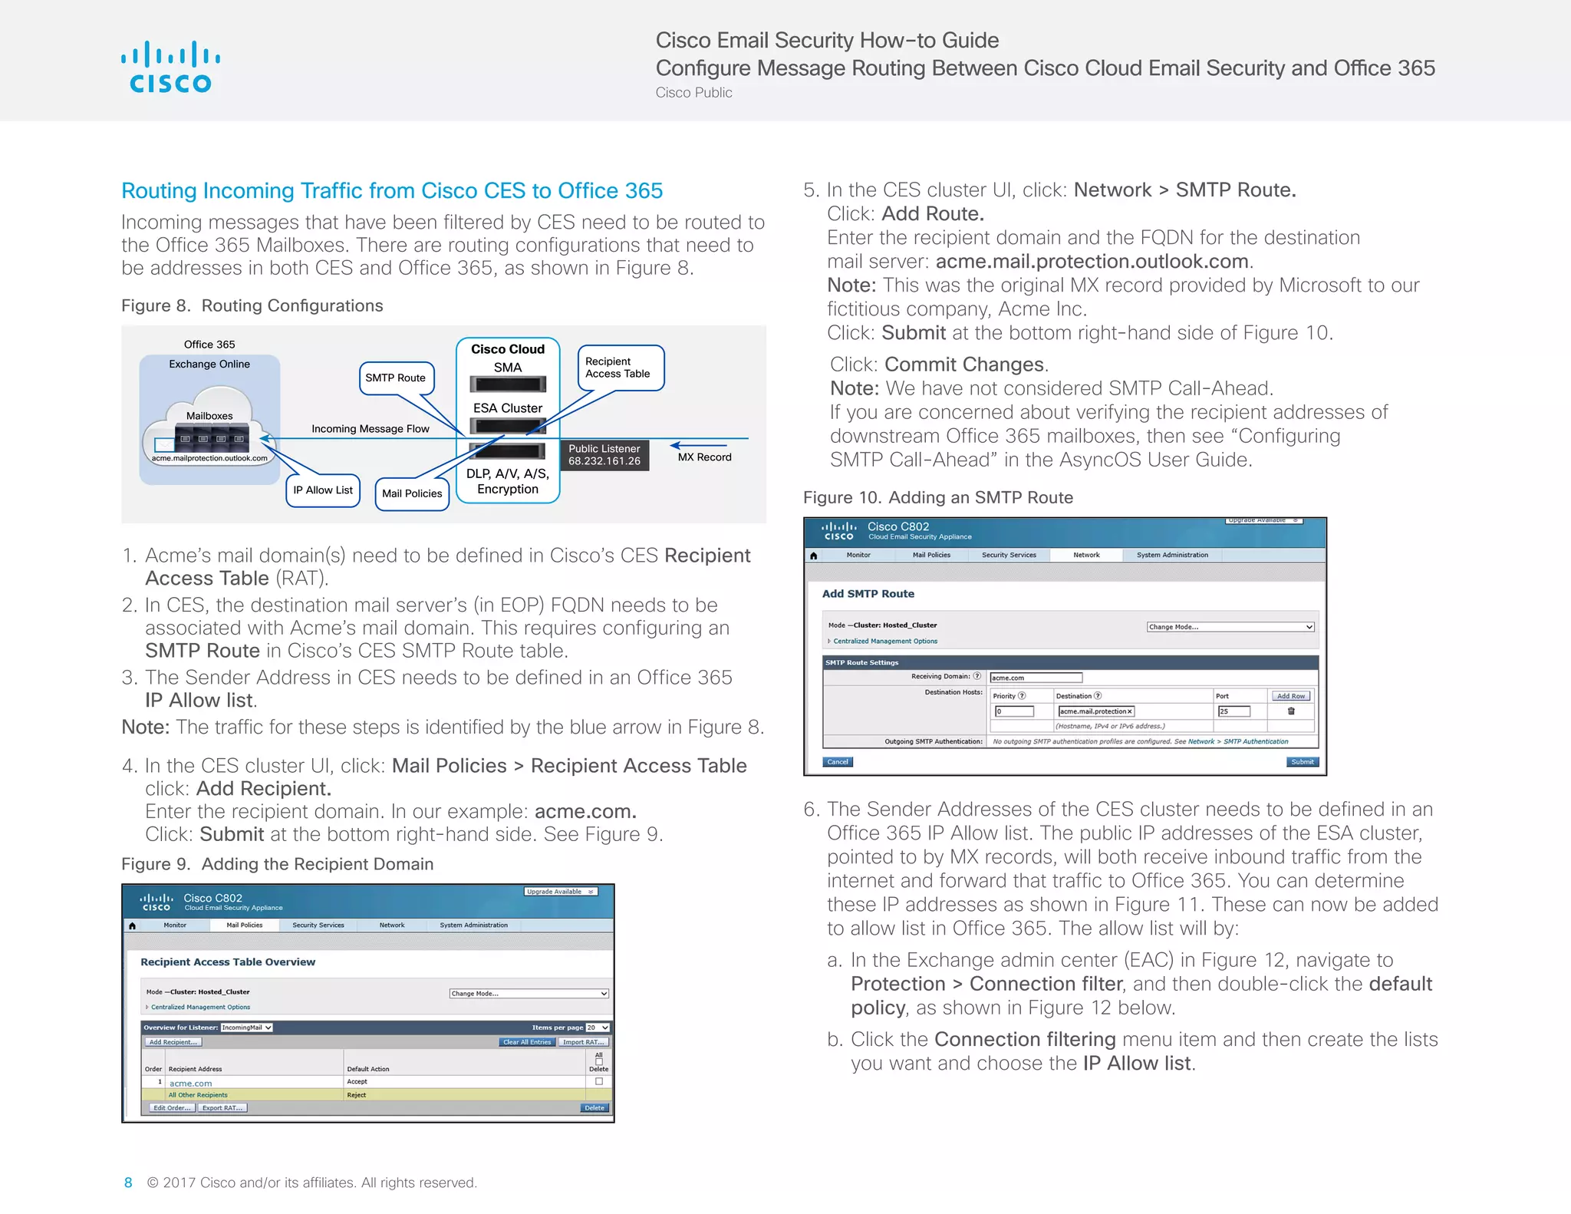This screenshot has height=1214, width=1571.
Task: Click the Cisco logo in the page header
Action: [x=170, y=68]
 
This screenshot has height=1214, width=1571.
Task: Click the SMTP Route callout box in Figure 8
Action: [x=396, y=378]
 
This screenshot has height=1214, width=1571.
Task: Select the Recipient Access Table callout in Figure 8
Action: [x=618, y=368]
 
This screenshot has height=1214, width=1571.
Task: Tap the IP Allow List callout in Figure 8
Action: [x=323, y=490]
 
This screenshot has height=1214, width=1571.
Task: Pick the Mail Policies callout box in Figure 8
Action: [x=412, y=493]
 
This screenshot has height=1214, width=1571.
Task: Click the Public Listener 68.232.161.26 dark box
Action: [x=604, y=455]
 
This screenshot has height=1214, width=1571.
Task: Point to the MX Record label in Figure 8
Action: [x=704, y=457]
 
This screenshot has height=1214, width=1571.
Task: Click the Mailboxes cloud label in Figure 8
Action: [x=209, y=416]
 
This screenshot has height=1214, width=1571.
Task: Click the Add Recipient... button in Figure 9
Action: [x=173, y=1042]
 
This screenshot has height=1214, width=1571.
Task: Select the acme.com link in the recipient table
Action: [x=190, y=1084]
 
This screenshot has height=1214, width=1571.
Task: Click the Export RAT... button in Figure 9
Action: [x=222, y=1108]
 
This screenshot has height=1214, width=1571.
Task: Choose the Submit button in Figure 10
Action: [x=1303, y=762]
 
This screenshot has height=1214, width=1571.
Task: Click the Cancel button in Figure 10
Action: [x=838, y=762]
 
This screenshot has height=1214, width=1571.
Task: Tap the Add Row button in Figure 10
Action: [x=1291, y=696]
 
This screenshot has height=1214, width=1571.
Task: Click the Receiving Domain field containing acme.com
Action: [x=1036, y=678]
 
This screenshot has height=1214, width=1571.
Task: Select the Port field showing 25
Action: [x=1233, y=711]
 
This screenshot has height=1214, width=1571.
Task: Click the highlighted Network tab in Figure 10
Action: [x=1086, y=555]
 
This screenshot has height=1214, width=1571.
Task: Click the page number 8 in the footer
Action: [x=128, y=1183]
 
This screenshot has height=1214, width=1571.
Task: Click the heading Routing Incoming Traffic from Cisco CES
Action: [x=392, y=190]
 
